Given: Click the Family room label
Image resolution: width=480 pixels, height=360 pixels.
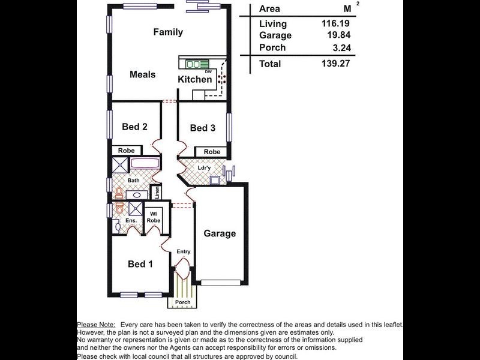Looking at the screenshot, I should (167, 32).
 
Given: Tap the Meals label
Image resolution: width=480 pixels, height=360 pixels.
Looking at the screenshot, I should (142, 74).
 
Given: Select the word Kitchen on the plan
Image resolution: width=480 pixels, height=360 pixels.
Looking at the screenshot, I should (194, 79).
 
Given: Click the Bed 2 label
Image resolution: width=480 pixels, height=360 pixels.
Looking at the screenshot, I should (134, 127).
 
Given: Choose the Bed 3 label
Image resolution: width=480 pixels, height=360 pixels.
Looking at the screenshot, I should (202, 128).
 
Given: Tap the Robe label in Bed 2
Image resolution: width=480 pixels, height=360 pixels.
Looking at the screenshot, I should (126, 151).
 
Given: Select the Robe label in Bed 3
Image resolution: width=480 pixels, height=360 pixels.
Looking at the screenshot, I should (212, 152).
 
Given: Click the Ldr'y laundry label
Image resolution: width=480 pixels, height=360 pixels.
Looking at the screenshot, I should (204, 167).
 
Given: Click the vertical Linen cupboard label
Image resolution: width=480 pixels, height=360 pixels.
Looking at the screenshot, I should (156, 193).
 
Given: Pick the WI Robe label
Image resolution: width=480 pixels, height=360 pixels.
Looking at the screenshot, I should (154, 217).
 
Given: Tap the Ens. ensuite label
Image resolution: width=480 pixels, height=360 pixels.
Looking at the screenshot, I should (131, 221).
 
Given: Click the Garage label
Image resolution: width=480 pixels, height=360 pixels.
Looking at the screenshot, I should (219, 233).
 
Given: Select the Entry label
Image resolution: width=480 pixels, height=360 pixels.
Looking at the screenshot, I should (183, 251).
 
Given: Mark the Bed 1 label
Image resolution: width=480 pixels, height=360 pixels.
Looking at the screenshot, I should (140, 264).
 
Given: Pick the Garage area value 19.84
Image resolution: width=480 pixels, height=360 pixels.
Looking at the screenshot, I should (337, 35).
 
